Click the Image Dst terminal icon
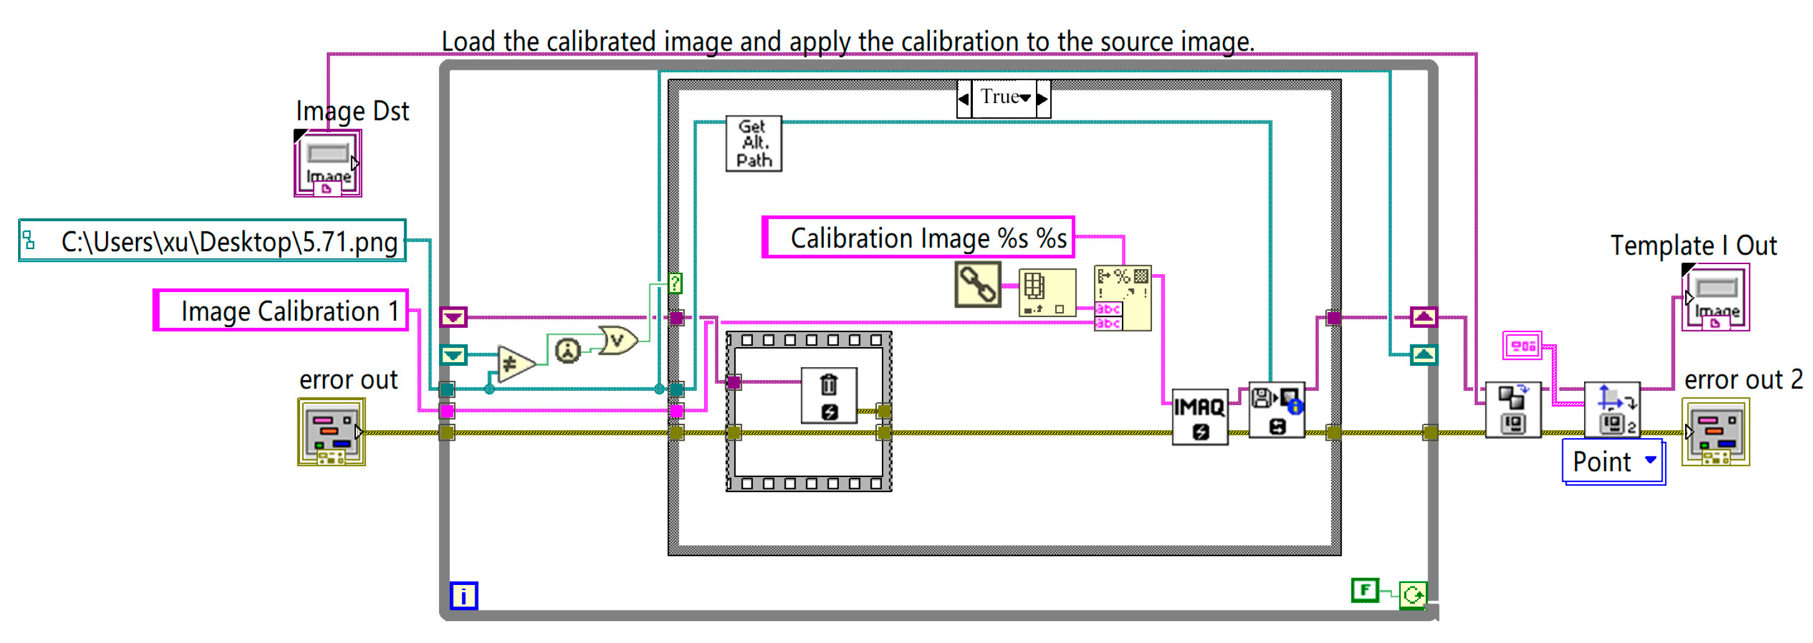tap(328, 164)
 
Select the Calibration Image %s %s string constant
tap(918, 238)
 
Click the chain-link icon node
tap(977, 285)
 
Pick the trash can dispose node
tap(829, 395)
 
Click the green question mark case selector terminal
tap(675, 283)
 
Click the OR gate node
tap(617, 341)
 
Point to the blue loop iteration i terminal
tap(464, 596)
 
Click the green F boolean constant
tap(1365, 590)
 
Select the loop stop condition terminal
tap(1413, 595)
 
